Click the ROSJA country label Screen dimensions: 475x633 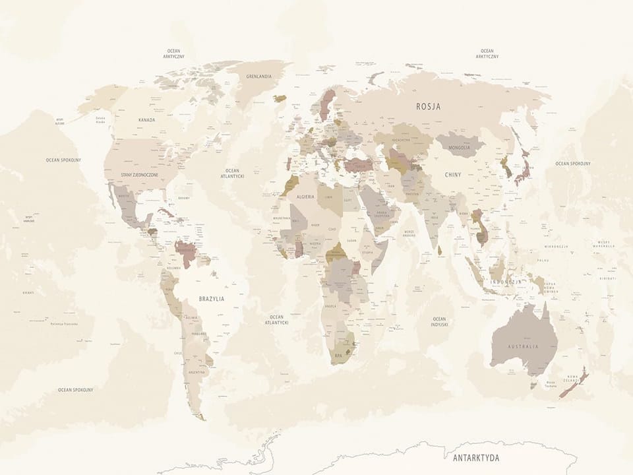coord(429,106)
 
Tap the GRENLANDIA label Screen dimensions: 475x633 coord(259,77)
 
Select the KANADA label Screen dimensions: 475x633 coord(147,119)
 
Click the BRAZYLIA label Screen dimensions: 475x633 coord(212,299)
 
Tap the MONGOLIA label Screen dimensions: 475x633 coord(459,148)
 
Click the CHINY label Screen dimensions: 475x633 coord(453,175)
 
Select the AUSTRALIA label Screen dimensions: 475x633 coord(523,346)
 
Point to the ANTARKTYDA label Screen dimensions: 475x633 coord(475,457)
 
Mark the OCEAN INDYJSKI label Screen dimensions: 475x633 coord(440,321)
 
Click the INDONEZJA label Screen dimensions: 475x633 coord(506,282)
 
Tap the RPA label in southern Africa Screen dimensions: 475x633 coord(339,354)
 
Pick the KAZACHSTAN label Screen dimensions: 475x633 coord(401,140)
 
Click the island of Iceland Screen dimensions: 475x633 coord(280,98)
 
